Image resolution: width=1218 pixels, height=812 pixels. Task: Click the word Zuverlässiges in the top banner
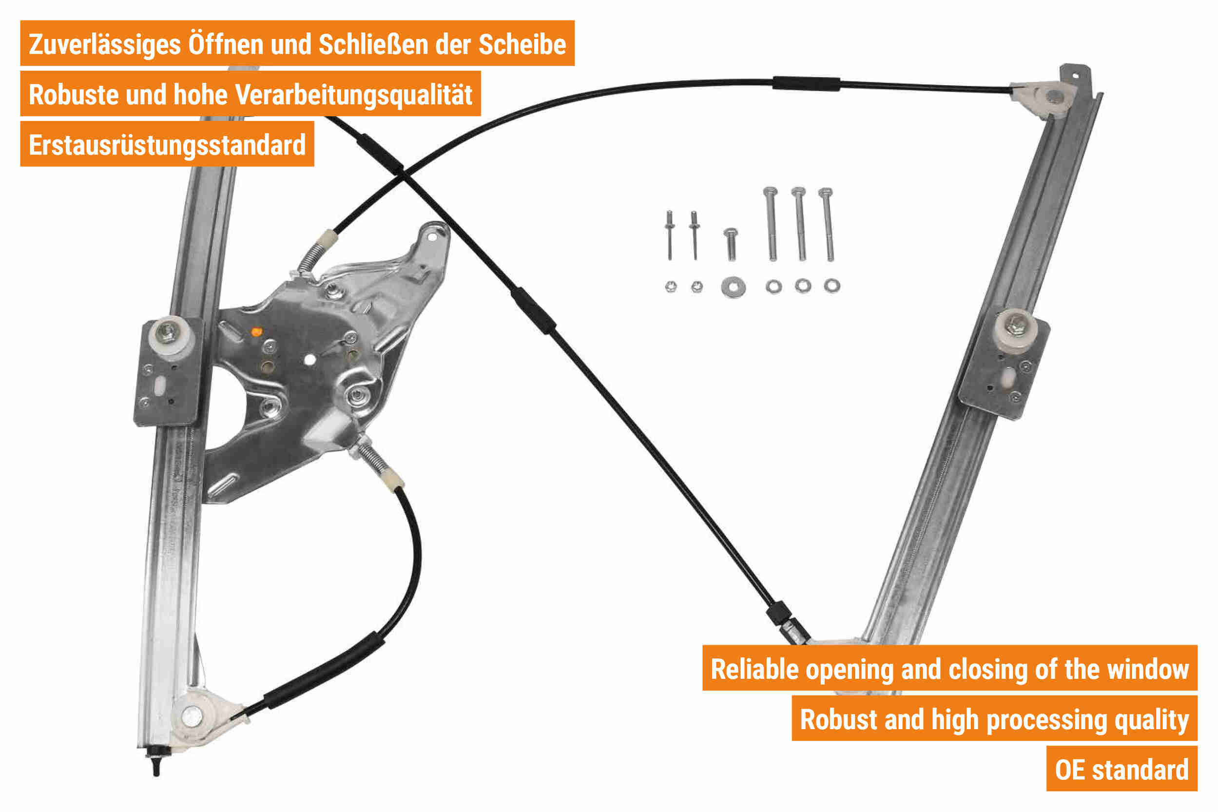105,44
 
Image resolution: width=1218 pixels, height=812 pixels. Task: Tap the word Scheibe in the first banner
522,44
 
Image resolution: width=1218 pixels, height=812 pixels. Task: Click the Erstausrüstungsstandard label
167,145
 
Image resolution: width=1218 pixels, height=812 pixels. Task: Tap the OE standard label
1122,770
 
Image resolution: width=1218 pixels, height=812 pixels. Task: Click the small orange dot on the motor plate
256,331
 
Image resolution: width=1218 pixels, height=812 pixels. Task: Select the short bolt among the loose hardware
731,243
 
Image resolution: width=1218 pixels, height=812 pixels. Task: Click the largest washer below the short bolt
733,287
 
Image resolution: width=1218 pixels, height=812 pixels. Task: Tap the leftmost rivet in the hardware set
670,235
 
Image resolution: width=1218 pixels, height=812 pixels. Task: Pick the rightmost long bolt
827,224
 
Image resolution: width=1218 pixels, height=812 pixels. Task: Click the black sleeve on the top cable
806,84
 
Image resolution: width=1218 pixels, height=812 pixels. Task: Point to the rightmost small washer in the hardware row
832,285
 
